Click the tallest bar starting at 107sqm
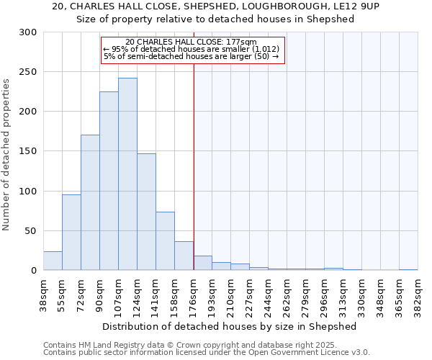[127, 174]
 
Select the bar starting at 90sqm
[109, 181]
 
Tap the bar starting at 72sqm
[90, 202]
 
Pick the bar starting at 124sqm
[146, 212]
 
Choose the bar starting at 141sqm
[165, 241]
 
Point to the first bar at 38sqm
[53, 261]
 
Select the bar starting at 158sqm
[184, 256]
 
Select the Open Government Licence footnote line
[207, 353]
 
